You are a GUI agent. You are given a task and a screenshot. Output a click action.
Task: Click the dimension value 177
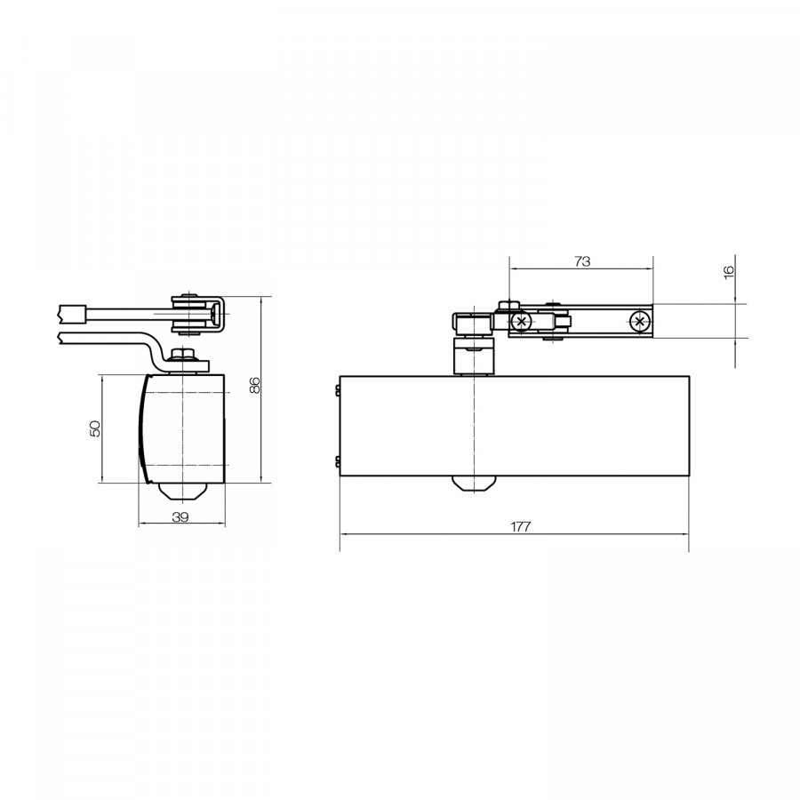pos(520,526)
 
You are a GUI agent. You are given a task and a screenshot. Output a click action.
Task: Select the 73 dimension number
pos(581,261)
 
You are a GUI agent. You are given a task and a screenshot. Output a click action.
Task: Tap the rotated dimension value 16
pos(729,271)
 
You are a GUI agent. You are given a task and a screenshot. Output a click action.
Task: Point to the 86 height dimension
pos(255,385)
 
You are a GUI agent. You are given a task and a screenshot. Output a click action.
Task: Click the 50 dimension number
pos(95,428)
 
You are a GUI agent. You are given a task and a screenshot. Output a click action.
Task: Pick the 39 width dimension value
pos(180,516)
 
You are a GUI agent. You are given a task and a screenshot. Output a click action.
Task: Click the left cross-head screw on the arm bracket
pos(521,322)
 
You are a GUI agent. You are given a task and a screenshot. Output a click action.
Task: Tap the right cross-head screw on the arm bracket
pos(639,322)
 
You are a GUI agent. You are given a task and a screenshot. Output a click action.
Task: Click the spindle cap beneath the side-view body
pos(182,492)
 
